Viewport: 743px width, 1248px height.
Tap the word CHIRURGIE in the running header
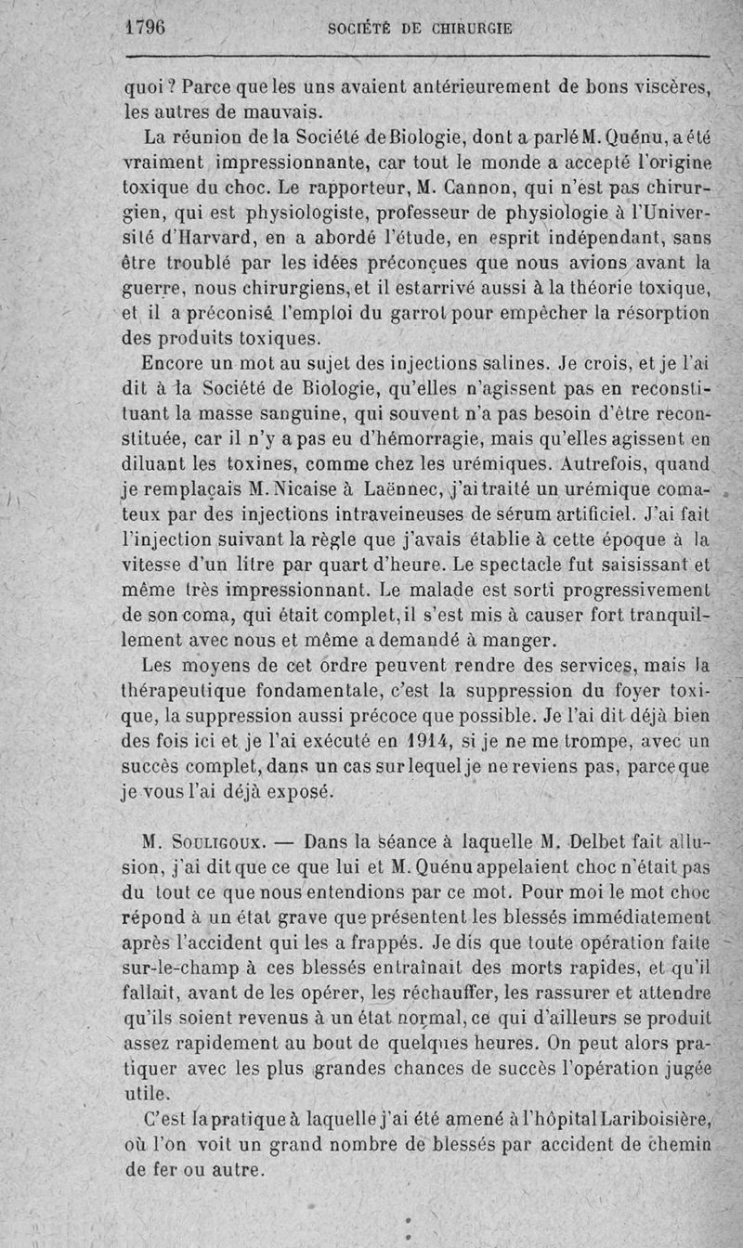click(x=472, y=28)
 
